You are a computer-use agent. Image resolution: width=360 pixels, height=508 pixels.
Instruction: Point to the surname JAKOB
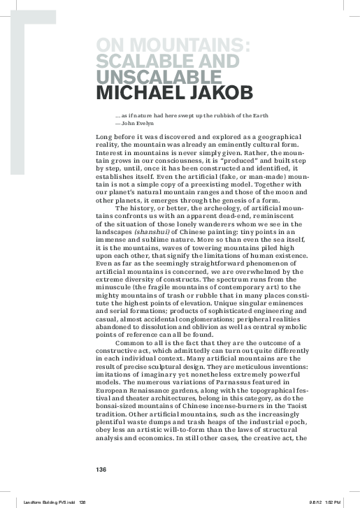[x=217, y=92]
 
